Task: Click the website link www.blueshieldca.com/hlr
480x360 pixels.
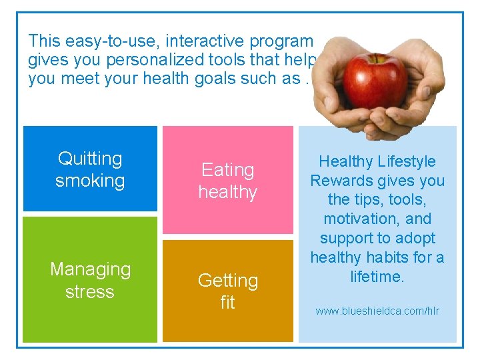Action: coord(377,311)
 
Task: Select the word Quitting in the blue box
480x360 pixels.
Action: coord(90,159)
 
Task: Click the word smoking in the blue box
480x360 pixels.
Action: coord(90,181)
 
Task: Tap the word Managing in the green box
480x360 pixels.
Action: coord(90,269)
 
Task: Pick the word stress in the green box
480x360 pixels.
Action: coord(90,292)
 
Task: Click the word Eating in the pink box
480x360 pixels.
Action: coord(228,170)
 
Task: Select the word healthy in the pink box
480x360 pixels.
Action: coord(228,193)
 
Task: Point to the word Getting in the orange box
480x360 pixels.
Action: coord(228,281)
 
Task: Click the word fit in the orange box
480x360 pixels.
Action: coord(228,303)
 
